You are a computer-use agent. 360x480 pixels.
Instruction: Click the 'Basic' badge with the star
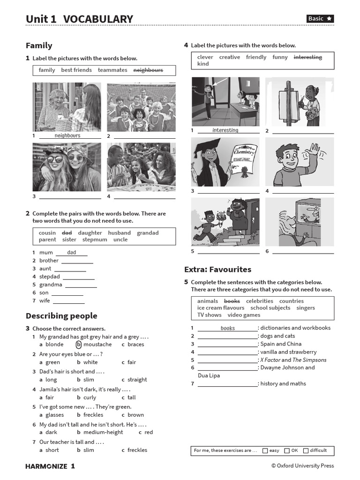pos(320,19)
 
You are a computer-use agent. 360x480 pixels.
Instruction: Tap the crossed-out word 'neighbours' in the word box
pos(148,70)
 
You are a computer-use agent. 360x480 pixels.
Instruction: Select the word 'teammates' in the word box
pos(112,70)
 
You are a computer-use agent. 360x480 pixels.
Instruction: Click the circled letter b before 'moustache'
pos(79,345)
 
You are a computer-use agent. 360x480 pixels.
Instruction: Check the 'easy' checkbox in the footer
pos(265,451)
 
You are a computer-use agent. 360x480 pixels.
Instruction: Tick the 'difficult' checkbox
pos(306,451)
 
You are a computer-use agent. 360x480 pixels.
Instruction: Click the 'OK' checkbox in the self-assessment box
pos(287,451)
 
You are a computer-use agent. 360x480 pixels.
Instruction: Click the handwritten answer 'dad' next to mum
pos(71,253)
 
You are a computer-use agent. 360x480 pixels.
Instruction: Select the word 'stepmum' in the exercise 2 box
pos(95,240)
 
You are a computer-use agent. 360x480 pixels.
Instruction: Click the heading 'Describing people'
pos(61,316)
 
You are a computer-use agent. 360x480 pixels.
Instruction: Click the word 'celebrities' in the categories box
pos(259,301)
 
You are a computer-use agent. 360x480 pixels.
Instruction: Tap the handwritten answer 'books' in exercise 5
pos(228,328)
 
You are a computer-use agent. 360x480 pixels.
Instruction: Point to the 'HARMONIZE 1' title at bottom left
pos(50,466)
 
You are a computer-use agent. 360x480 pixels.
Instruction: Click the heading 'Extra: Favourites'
pos(217,270)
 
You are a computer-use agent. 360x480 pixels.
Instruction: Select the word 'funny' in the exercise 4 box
pos(280,57)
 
